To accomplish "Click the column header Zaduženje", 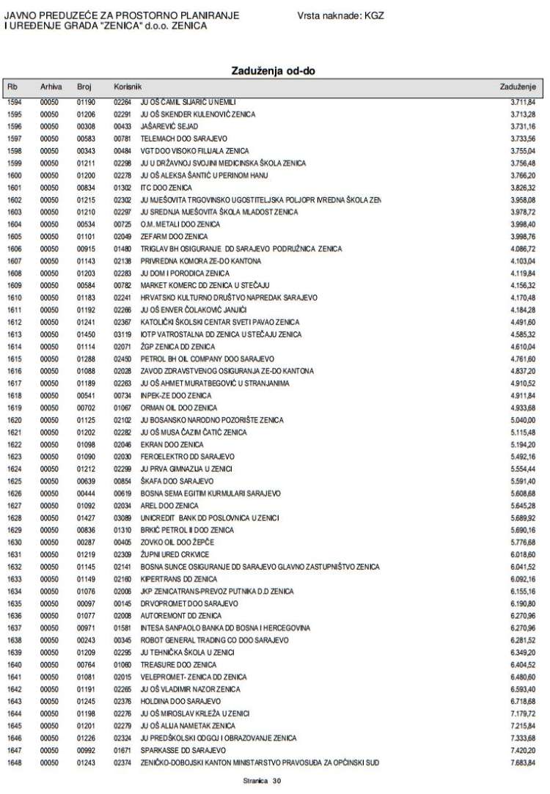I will pyautogui.click(x=518, y=87).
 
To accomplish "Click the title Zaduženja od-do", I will pyautogui.click(x=274, y=70).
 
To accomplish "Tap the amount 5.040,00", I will pyautogui.click(x=522, y=420).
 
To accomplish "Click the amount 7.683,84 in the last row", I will pyautogui.click(x=522, y=763).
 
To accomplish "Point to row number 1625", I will pyautogui.click(x=15, y=481).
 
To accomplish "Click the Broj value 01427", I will pyautogui.click(x=87, y=518).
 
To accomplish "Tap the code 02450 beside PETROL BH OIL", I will pyautogui.click(x=122, y=359).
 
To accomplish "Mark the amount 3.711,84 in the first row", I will pyautogui.click(x=522, y=102).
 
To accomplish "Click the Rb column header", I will pyautogui.click(x=12, y=87).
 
